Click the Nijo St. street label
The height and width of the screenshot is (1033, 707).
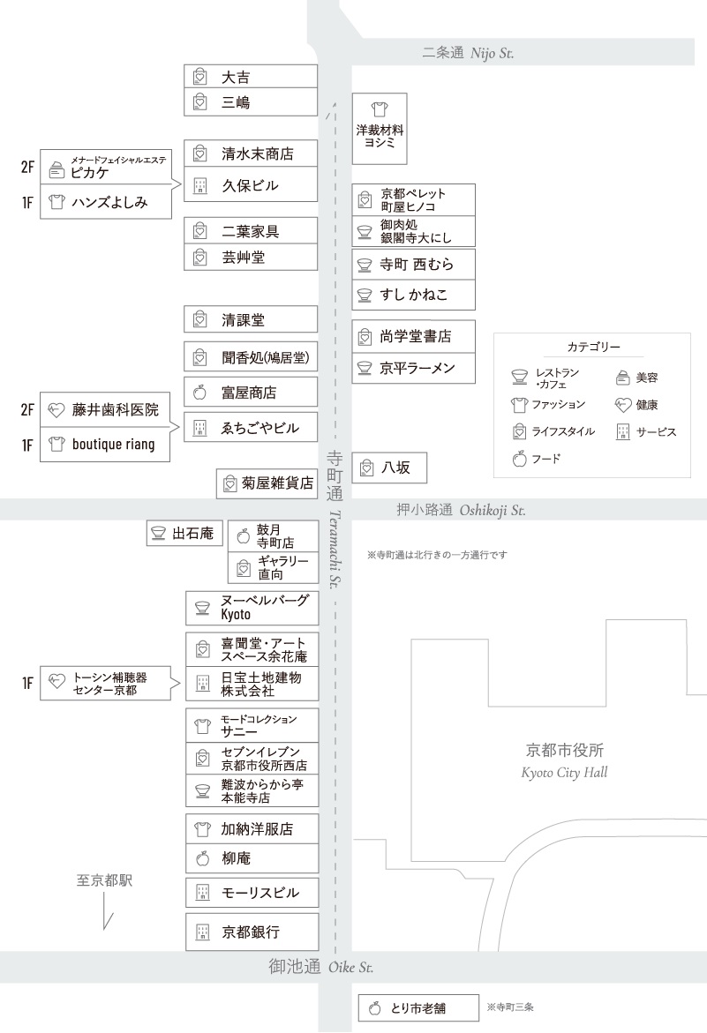[x=468, y=54]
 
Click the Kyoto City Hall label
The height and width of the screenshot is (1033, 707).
[x=565, y=761]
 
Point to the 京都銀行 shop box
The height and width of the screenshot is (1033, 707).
[x=251, y=932]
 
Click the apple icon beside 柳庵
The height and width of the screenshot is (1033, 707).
[x=201, y=857]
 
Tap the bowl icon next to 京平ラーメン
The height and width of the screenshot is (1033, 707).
[x=364, y=368]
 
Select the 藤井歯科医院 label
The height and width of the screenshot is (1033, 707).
[x=115, y=409]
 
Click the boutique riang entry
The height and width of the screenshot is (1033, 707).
[x=112, y=445]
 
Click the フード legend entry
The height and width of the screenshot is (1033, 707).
[x=536, y=458]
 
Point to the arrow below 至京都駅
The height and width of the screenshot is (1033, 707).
[x=106, y=909]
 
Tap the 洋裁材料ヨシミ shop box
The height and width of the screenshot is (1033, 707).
[x=380, y=128]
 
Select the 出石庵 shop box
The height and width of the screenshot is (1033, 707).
[x=184, y=533]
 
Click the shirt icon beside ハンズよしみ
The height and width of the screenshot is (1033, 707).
[x=57, y=203]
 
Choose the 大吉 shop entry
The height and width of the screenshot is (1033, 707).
[x=251, y=77]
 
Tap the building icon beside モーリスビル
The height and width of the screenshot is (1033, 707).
[x=201, y=893]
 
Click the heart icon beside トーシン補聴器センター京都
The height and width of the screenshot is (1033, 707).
[x=57, y=682]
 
